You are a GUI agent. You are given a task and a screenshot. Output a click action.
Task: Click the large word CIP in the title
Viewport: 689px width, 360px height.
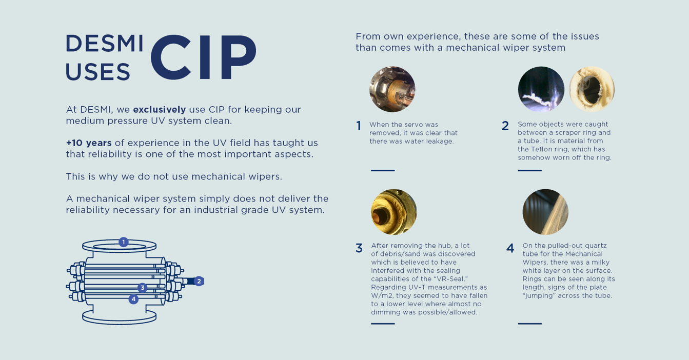tap(203, 57)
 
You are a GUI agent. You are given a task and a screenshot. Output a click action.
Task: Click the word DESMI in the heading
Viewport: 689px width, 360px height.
tap(105, 44)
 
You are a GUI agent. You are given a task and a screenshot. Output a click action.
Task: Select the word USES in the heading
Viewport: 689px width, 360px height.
tap(98, 72)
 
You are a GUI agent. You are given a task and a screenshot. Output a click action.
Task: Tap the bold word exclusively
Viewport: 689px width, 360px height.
tap(159, 109)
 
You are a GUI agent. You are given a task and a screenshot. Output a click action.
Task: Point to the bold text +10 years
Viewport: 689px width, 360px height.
tap(88, 143)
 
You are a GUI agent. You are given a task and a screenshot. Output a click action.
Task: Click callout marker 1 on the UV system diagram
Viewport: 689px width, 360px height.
tap(123, 242)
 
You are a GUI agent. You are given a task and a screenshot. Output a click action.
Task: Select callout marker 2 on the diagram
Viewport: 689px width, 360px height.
tap(199, 281)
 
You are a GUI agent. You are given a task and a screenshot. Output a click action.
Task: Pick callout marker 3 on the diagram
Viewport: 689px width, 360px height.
tap(142, 288)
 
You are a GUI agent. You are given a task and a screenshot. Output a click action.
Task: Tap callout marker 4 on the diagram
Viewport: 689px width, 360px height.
tap(133, 299)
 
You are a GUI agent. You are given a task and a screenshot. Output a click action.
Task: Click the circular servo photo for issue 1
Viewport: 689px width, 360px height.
tap(392, 89)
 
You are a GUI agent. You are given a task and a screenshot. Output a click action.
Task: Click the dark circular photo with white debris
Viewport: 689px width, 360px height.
tap(541, 89)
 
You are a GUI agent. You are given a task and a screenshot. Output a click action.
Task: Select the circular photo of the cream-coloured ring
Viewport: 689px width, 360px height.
tap(592, 89)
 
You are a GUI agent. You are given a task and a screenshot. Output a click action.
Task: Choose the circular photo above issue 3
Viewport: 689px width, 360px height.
tap(393, 212)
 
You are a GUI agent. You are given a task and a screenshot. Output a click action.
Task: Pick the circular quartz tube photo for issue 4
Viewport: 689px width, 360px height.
tap(545, 212)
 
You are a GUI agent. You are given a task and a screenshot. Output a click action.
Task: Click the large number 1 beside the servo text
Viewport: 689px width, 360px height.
tap(359, 126)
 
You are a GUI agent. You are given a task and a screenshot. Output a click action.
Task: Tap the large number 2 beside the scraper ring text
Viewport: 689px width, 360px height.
tap(505, 126)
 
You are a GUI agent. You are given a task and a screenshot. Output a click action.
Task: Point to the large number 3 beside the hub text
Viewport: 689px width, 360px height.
tap(359, 248)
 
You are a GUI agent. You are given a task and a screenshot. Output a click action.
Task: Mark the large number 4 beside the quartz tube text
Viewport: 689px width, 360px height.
tap(510, 248)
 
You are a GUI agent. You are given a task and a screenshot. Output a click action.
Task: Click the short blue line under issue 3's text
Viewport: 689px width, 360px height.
tap(383, 324)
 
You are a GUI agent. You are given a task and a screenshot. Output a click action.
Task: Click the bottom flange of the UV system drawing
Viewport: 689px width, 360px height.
tap(119, 318)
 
